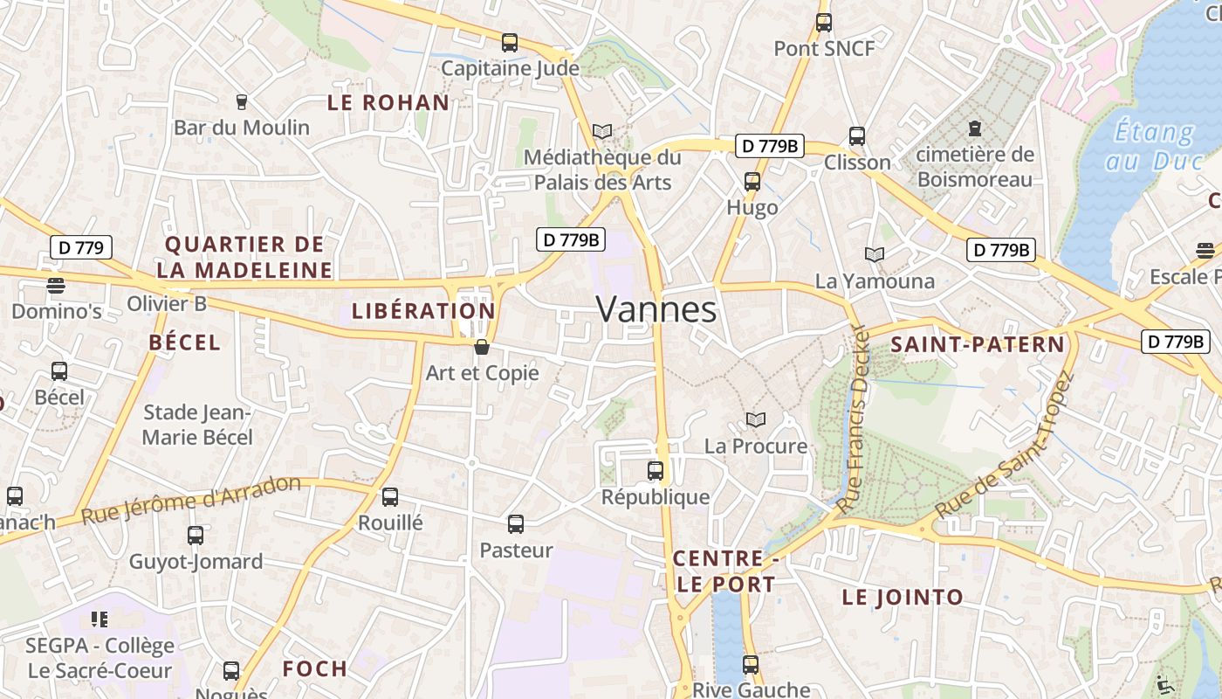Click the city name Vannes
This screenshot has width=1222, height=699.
pos(656,309)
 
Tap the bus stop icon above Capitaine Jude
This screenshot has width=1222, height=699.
pos(510,42)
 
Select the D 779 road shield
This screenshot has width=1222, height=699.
pos(81,247)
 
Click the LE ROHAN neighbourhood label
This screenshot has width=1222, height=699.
pos(388,102)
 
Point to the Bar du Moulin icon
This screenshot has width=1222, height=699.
pos(242,102)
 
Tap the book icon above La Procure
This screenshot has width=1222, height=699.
pos(756,420)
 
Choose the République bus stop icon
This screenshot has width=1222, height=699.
pos(656,471)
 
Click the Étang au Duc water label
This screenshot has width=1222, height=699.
pos(1154,147)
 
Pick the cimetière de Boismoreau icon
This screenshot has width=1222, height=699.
pos(975,128)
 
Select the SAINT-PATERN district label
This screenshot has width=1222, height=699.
pos(978,344)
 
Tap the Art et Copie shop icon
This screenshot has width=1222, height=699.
pos(481,347)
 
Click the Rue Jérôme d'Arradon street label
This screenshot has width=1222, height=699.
pos(190,500)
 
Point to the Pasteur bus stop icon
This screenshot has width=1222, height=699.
pos(516,524)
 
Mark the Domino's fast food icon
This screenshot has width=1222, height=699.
pos(56,285)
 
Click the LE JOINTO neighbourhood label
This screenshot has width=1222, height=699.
pos(903,598)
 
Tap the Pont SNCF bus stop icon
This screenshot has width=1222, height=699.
pos(824,23)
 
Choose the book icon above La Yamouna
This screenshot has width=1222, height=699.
pos(874,254)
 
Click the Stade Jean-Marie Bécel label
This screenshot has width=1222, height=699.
pos(197,425)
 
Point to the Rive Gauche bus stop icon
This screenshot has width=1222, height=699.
pos(751,664)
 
